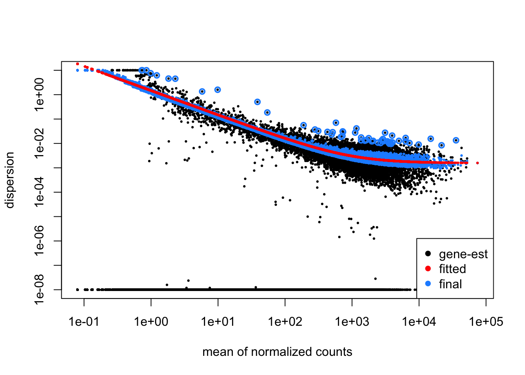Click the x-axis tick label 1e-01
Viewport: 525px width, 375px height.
[84, 322]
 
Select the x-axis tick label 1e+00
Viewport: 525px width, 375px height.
[151, 322]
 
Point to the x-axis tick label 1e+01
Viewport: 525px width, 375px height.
[218, 322]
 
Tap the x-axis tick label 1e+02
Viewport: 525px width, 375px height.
[285, 322]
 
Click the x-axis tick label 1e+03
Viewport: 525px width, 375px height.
[352, 322]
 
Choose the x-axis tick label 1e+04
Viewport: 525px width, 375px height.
[419, 322]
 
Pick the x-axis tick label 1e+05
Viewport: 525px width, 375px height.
[486, 322]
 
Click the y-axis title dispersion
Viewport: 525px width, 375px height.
[9, 180]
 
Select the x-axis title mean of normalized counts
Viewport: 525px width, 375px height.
[277, 352]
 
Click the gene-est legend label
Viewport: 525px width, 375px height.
[463, 254]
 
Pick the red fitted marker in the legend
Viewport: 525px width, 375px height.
[428, 269]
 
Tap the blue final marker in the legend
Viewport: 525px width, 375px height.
[428, 284]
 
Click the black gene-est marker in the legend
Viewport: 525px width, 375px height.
[428, 254]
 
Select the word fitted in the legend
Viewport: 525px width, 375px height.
[452, 269]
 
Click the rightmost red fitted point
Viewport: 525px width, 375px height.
[477, 163]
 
